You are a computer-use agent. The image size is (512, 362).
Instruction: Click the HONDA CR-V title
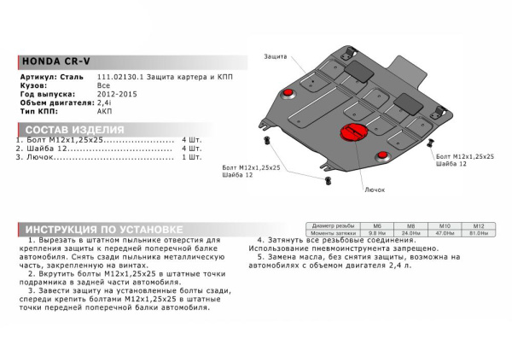coord(52,62)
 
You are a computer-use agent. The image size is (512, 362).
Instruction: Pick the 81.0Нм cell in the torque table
coord(479,233)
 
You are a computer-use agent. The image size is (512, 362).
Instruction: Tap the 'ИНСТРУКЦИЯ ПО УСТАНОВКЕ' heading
coord(102,230)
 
